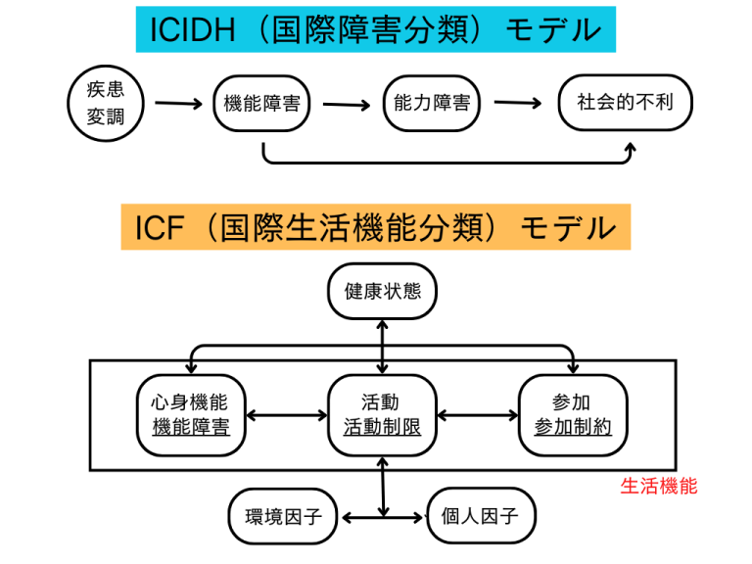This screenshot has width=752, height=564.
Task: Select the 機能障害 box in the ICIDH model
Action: [x=261, y=103]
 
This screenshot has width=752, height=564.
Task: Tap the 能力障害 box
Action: [x=431, y=103]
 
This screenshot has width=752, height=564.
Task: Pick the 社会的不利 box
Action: [x=625, y=103]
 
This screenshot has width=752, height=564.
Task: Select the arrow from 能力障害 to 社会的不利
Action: [x=518, y=103]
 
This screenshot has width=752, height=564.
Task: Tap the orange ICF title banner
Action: [x=376, y=228]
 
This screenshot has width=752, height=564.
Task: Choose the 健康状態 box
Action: [x=382, y=291]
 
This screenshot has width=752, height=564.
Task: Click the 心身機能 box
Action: [x=190, y=415]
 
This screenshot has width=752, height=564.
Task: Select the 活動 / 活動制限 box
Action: [x=381, y=415]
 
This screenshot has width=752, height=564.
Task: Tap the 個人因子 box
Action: [x=482, y=515]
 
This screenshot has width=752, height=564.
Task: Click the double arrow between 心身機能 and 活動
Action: [x=285, y=415]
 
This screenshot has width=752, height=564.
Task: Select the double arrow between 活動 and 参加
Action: [x=477, y=415]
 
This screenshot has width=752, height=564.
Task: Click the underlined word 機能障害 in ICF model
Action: [x=190, y=428]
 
